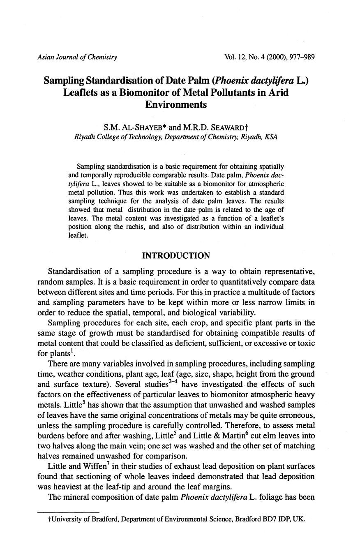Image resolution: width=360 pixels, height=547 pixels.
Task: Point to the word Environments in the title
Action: pyautogui.click(x=176, y=104)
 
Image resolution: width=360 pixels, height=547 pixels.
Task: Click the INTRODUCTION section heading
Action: pyautogui.click(x=176, y=256)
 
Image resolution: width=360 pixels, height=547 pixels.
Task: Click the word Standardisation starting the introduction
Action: pyautogui.click(x=74, y=271)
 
